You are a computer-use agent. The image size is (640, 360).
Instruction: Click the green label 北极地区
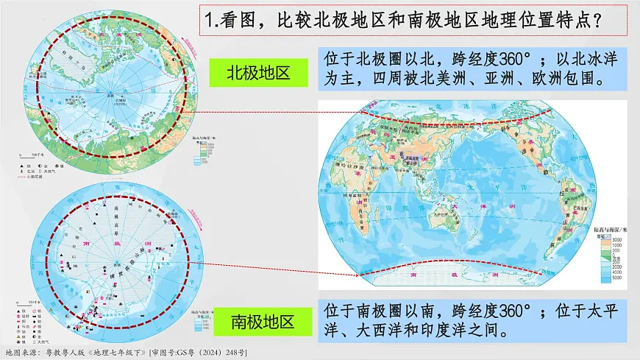257,72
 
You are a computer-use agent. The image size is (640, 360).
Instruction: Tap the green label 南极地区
263,322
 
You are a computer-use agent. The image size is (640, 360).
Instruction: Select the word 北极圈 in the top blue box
391,59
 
